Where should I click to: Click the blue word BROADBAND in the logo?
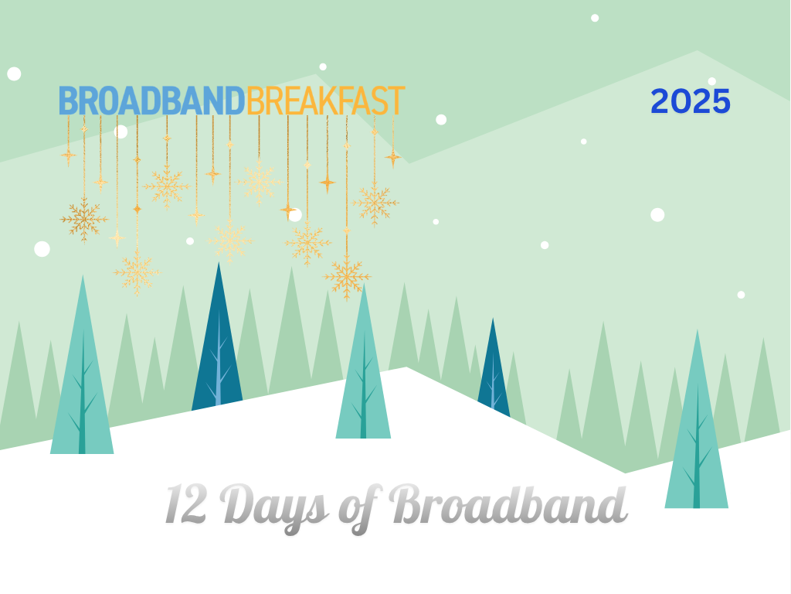pyautogui.click(x=152, y=101)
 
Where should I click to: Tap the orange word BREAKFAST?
pyautogui.click(x=326, y=101)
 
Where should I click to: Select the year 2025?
pyautogui.click(x=691, y=101)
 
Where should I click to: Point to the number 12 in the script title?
pyautogui.click(x=185, y=504)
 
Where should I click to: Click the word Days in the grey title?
pyautogui.click(x=274, y=507)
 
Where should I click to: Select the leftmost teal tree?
pyautogui.click(x=82, y=374)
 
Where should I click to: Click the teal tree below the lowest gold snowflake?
pyautogui.click(x=363, y=369)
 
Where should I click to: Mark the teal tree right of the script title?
pyautogui.click(x=697, y=425)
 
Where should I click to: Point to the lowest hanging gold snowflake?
pyautogui.click(x=347, y=278)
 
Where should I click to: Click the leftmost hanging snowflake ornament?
pyautogui.click(x=83, y=220)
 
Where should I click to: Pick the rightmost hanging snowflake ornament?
pyautogui.click(x=375, y=203)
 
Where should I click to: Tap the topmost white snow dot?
pyautogui.click(x=595, y=19)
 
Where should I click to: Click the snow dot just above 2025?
pyautogui.click(x=711, y=81)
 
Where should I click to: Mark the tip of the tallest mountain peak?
pyautogui.click(x=698, y=50)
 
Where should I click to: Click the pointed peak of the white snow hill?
pyautogui.click(x=406, y=367)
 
